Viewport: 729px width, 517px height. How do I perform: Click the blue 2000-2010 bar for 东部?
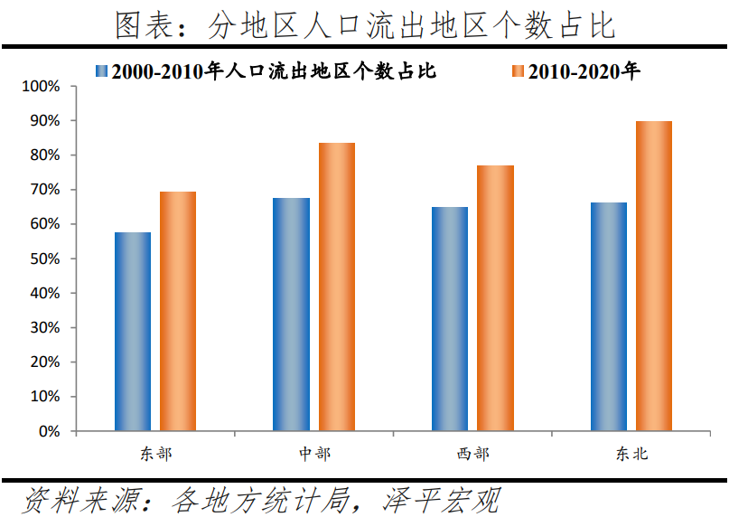pyautogui.click(x=133, y=332)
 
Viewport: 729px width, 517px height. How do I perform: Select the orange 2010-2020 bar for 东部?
pyautogui.click(x=178, y=311)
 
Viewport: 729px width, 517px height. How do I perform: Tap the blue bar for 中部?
pyautogui.click(x=291, y=315)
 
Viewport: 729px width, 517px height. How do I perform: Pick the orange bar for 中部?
pyautogui.click(x=336, y=287)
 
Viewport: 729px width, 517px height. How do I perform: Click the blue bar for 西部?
pyautogui.click(x=450, y=319)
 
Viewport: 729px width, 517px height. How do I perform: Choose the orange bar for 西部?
pyautogui.click(x=495, y=298)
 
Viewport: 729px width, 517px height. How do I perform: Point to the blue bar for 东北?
pyautogui.click(x=609, y=316)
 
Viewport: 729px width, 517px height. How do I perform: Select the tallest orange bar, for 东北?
pyautogui.click(x=654, y=276)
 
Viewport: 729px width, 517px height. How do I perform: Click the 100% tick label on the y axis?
pyautogui.click(x=41, y=87)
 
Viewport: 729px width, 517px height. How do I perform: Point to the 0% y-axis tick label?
pyautogui.click(x=48, y=432)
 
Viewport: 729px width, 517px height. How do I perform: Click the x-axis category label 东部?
pyautogui.click(x=155, y=454)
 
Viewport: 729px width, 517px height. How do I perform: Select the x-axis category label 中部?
pyautogui.click(x=314, y=454)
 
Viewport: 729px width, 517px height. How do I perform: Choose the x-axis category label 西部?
pyautogui.click(x=472, y=454)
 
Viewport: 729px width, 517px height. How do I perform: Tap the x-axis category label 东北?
pyautogui.click(x=631, y=454)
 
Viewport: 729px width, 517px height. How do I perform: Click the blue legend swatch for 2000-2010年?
pyautogui.click(x=101, y=70)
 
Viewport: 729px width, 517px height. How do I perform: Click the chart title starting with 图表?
pyautogui.click(x=365, y=25)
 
